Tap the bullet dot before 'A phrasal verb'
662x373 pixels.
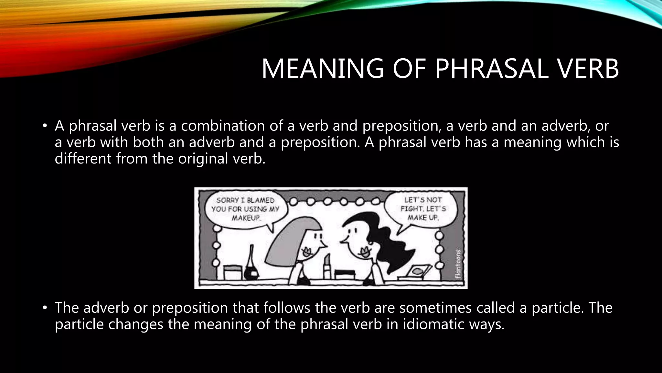[x=45, y=126]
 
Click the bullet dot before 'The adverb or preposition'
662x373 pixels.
[x=45, y=308]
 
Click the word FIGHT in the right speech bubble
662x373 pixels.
[x=411, y=209]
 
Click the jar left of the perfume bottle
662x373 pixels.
[x=233, y=272]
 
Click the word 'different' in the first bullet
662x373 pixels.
[x=83, y=159]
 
